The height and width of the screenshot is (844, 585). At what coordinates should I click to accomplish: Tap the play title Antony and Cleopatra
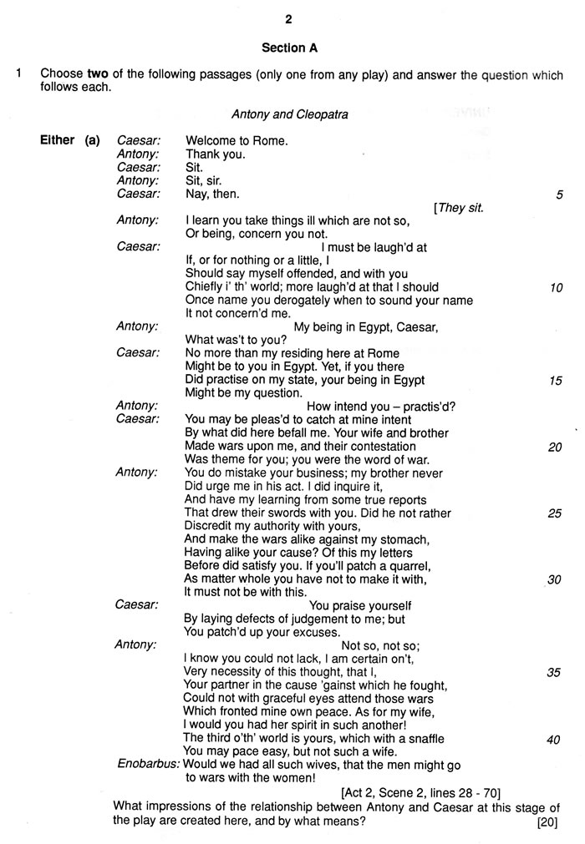289,114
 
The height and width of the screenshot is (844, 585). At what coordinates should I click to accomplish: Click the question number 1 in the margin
18,74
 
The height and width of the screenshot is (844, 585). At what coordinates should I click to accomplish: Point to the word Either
57,140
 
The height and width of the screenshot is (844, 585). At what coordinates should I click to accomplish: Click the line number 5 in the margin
559,195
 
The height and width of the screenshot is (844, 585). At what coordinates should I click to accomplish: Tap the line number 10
556,288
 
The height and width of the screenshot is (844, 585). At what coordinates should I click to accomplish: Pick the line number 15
556,380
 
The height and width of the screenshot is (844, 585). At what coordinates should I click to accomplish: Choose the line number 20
556,447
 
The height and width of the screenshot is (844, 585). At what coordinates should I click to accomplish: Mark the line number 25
556,513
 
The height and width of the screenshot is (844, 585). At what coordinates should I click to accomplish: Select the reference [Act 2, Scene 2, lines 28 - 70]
420,792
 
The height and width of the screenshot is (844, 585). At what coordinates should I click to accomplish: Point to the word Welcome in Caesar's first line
210,140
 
